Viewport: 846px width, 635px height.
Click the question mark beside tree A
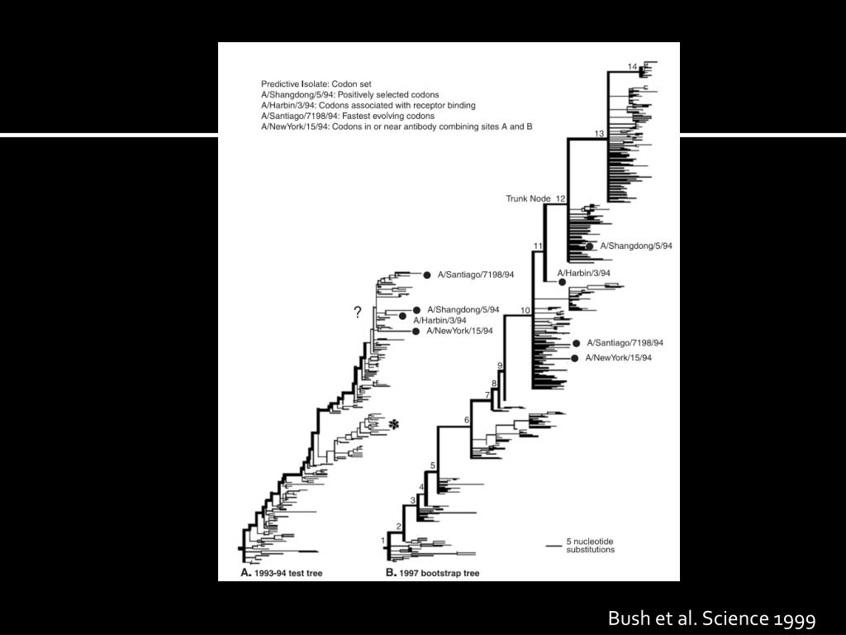[358, 313]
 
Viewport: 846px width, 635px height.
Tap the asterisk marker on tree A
[394, 424]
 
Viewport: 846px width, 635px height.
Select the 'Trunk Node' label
[530, 199]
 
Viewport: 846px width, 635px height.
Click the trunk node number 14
[632, 66]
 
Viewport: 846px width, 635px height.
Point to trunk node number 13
[600, 133]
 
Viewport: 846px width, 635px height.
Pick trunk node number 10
[525, 310]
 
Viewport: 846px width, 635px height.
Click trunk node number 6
[466, 421]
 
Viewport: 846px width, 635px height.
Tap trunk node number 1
[383, 541]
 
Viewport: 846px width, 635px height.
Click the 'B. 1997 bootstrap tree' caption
[432, 572]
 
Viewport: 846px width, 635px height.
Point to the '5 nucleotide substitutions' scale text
[590, 546]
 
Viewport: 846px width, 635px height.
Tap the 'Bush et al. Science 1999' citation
[711, 618]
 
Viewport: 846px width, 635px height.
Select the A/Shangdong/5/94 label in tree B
[636, 246]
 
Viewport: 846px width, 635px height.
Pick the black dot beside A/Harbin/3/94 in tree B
[562, 282]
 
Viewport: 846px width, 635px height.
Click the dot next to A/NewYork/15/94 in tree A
[416, 332]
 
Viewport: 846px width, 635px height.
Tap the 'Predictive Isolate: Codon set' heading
[321, 84]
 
